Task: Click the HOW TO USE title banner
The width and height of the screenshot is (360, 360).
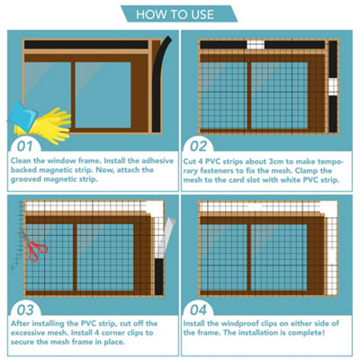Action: click(x=179, y=14)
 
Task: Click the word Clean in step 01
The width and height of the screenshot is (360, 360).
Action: click(x=22, y=159)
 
